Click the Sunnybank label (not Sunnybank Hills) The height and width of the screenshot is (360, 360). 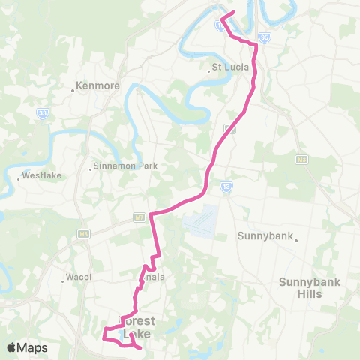[x=262, y=235]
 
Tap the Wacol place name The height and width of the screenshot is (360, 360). [x=79, y=276]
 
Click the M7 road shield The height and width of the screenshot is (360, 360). [x=139, y=217]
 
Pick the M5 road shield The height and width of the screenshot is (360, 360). [x=82, y=234]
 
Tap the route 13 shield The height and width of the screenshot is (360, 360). [x=226, y=186]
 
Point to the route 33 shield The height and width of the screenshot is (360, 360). [x=43, y=112]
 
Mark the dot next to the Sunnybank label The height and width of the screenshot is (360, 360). [x=297, y=241]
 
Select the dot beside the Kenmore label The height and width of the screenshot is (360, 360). [x=73, y=90]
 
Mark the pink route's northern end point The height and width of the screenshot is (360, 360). [x=234, y=12]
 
